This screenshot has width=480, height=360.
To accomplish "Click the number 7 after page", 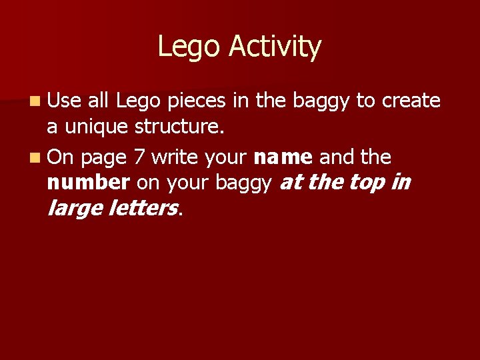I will [x=138, y=158].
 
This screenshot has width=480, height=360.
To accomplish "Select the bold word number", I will [x=89, y=181].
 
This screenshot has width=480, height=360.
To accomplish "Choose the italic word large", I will [x=75, y=209].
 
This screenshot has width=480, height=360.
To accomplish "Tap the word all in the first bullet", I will [x=98, y=101].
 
